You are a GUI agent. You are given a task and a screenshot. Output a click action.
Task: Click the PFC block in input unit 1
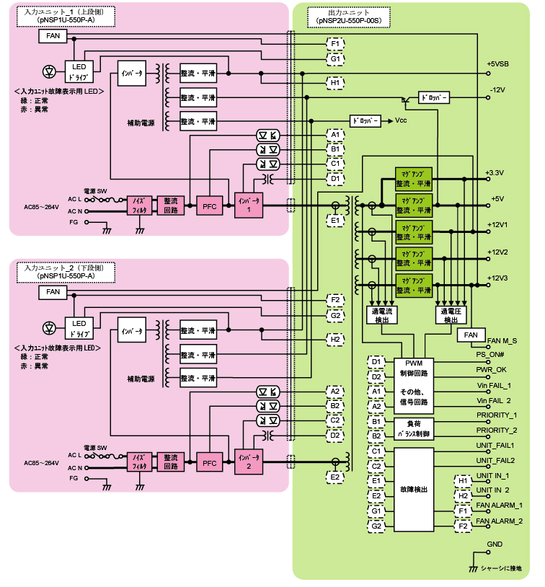(210, 206)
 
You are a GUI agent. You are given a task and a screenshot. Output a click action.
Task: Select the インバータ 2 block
(244, 462)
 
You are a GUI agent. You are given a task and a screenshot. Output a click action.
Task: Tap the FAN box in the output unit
(471, 335)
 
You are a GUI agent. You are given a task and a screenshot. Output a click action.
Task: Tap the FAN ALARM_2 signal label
(500, 520)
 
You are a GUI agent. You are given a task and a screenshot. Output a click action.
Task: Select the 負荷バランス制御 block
(412, 428)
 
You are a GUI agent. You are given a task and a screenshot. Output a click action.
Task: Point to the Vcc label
(402, 120)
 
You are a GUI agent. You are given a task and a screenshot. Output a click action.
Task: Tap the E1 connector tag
(335, 219)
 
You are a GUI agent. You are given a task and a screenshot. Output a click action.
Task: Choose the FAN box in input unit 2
(53, 292)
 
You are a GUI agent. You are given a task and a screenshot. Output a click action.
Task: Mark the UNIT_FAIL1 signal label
(495, 446)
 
